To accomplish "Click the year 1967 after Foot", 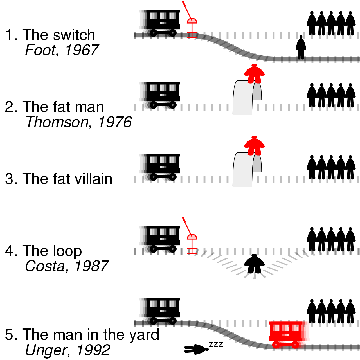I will [82, 50].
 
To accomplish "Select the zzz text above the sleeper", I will [216, 345].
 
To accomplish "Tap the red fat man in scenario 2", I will [254, 74].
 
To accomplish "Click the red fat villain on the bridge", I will [254, 146].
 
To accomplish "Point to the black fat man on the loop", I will [254, 264].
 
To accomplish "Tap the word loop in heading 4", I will [67, 251].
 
